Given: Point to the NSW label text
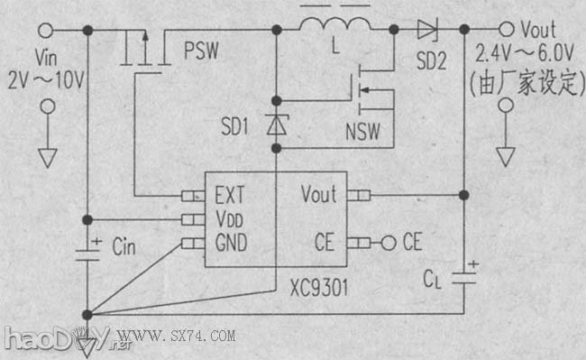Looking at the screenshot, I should coord(362,134).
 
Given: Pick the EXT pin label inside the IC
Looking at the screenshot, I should coord(231,194).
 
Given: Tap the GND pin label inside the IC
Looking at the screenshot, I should coord(232,242).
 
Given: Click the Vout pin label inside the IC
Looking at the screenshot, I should coord(318,194).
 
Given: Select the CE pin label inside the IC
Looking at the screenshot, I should coord(325,242).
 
